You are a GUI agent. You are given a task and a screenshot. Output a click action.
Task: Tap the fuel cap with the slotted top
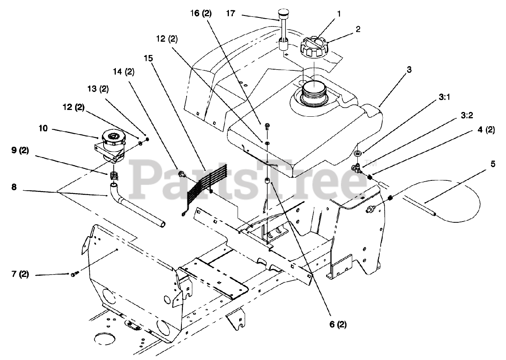click(314, 47)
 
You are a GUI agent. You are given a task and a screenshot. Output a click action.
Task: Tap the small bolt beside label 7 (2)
click(74, 274)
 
